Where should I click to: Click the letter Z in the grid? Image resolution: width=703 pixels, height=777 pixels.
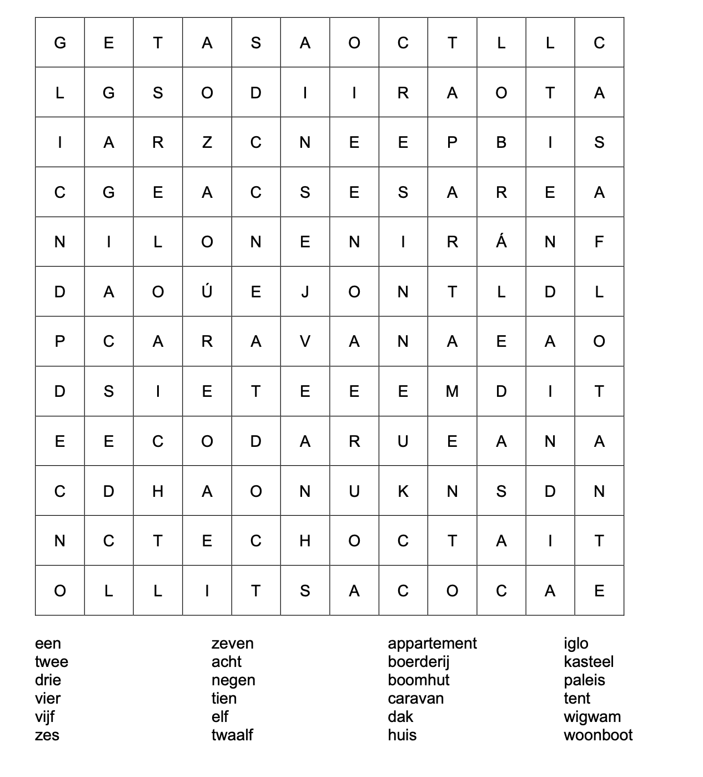pos(207,143)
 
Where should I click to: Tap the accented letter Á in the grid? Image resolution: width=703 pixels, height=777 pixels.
pos(501,241)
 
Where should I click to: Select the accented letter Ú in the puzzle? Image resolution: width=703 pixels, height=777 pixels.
pos(207,291)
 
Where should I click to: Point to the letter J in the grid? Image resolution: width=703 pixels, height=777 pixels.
pos(305,292)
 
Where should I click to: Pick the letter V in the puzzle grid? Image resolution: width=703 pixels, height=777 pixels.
pos(305,341)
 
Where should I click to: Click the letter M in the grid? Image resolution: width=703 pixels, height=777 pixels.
pos(452,391)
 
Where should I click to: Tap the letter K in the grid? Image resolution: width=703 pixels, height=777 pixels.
pos(403,491)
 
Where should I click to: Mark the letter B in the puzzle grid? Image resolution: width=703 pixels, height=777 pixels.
pos(501,143)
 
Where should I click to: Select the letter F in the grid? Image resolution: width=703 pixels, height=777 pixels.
pos(599,242)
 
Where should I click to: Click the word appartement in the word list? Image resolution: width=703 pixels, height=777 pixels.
pos(432,644)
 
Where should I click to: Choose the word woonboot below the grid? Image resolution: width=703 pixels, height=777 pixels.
pos(598,735)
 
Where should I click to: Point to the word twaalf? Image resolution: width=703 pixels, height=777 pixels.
pos(232,735)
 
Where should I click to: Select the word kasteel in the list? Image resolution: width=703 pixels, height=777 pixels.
pos(589,662)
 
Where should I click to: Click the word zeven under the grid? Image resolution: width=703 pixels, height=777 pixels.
pos(232,644)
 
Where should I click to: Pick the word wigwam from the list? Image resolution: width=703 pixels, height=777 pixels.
pos(592,717)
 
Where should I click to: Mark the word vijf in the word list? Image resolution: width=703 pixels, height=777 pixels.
pos(45,717)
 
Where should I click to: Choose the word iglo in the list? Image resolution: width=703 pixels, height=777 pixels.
pos(576,644)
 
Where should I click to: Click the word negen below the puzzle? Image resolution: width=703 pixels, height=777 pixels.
pos(233,680)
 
